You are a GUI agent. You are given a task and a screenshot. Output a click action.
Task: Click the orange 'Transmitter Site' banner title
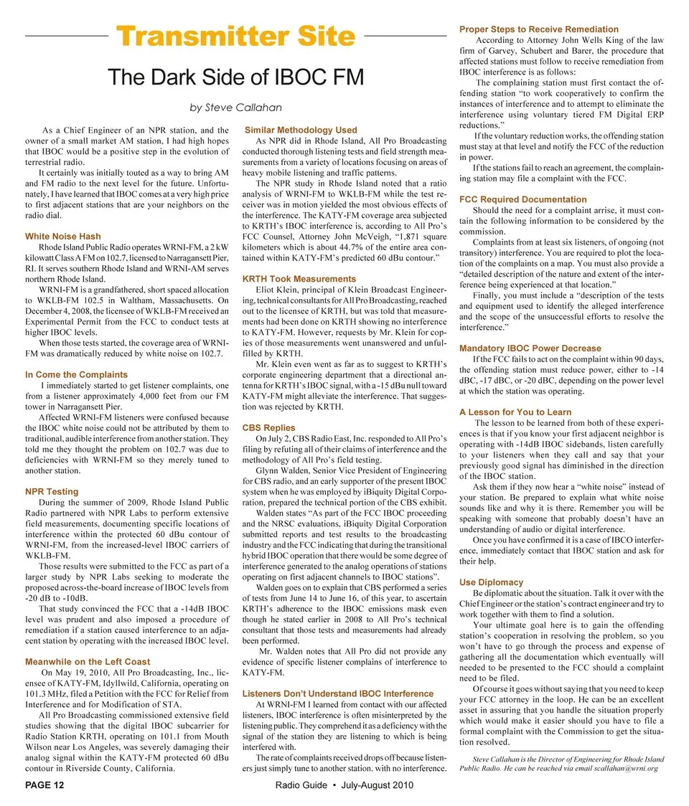coord(235,37)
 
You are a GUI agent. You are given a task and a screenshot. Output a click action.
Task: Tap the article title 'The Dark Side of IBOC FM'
coord(235,77)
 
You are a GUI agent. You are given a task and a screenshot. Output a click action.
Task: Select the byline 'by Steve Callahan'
coord(235,108)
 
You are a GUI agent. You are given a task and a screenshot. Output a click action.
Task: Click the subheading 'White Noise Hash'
coord(62,236)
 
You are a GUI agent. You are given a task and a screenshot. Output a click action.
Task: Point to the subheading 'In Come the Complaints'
coord(76,374)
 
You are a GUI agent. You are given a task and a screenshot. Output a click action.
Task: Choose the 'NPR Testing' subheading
coord(52,491)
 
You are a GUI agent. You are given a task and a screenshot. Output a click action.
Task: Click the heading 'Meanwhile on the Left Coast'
coord(88,661)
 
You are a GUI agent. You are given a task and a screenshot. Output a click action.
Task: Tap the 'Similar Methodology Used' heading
coord(301,130)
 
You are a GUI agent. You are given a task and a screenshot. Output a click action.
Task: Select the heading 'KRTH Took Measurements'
coord(299,278)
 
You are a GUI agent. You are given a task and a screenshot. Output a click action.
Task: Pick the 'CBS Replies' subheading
coord(269,427)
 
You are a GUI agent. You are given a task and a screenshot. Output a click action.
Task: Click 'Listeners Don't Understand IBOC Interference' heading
coord(338,693)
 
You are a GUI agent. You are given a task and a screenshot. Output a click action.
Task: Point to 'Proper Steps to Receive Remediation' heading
coord(538,29)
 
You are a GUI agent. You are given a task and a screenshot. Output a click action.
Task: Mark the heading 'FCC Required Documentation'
coord(522,199)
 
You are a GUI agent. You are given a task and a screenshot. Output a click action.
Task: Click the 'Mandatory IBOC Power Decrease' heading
coord(530,348)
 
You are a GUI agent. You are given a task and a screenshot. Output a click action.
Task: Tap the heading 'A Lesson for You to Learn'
coord(515,412)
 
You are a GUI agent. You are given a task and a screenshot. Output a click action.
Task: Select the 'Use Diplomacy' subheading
coord(491,582)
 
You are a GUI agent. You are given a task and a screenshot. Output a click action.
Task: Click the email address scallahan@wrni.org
coord(626,768)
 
